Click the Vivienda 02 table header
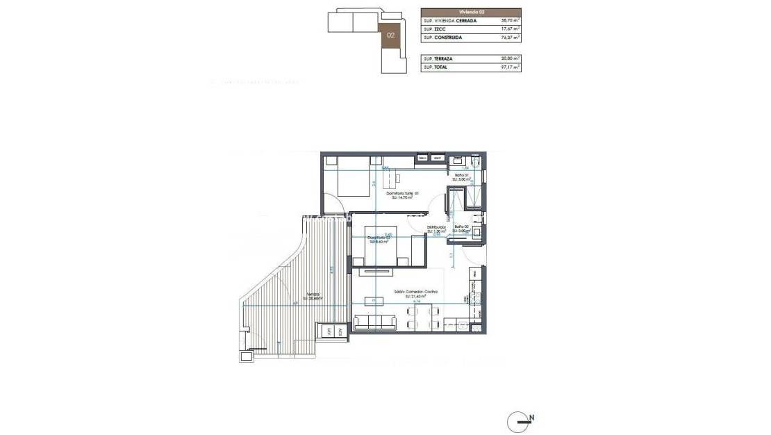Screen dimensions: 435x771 470,12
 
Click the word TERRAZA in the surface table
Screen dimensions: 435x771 443,59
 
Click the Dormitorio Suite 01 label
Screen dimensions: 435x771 399,194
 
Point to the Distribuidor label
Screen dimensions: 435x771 436,227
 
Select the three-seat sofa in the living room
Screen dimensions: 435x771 375,322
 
